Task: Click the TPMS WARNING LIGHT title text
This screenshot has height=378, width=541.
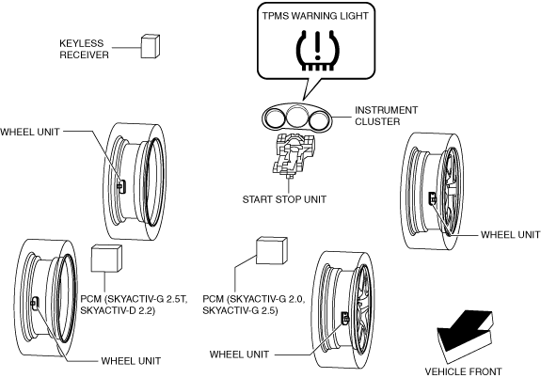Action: point(315,16)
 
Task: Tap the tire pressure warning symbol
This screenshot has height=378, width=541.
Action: point(318,51)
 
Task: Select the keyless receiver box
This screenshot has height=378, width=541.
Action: point(151,46)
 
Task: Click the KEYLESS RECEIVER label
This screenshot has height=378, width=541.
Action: point(84,49)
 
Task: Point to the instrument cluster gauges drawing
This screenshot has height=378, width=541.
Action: point(296,117)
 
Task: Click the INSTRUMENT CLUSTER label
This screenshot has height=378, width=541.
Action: point(386,116)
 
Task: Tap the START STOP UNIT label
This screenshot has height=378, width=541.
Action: point(284,199)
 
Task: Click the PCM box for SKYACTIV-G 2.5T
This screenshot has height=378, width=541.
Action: point(106,259)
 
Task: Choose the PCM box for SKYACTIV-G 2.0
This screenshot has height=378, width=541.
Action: point(272,250)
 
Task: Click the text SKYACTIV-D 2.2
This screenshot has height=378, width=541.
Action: point(118,310)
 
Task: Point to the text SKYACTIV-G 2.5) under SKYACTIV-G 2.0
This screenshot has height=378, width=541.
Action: point(240,310)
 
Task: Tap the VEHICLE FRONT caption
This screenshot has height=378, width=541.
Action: point(463,371)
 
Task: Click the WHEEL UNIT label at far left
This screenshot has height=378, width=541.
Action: point(30,132)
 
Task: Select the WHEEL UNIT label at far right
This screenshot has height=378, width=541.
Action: point(510,234)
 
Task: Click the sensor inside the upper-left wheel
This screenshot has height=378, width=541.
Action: point(121,186)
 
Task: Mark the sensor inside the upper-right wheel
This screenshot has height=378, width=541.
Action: point(432,198)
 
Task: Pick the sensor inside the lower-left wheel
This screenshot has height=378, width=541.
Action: point(35,303)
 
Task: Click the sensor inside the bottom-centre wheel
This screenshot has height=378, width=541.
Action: point(345,318)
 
